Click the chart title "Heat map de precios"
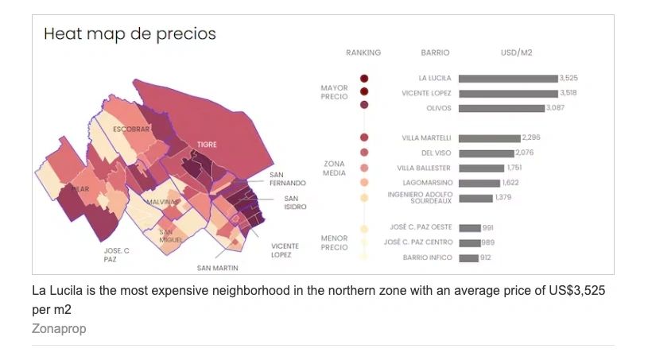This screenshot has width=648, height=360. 130,34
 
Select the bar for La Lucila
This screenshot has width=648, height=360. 508,79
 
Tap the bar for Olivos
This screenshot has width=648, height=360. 501,108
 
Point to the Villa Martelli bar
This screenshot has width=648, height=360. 489,138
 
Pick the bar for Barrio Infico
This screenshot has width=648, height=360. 468,257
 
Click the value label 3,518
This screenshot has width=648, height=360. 569,93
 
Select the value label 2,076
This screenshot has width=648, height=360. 525,153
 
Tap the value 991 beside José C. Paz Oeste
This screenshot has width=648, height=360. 488,228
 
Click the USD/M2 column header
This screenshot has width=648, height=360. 517,53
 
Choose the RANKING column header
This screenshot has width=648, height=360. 363,53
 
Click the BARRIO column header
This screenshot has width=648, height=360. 435,53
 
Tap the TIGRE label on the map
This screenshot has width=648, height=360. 207,145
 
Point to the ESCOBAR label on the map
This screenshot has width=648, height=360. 131,129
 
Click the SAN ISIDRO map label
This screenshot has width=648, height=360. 292,203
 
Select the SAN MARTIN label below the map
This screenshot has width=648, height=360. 218,268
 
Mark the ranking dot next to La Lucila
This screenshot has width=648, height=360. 364,79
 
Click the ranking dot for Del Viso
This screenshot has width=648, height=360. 364,153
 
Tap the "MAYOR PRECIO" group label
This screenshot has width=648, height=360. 335,92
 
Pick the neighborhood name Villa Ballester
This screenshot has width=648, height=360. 424,168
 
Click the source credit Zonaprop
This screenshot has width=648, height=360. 59,328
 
